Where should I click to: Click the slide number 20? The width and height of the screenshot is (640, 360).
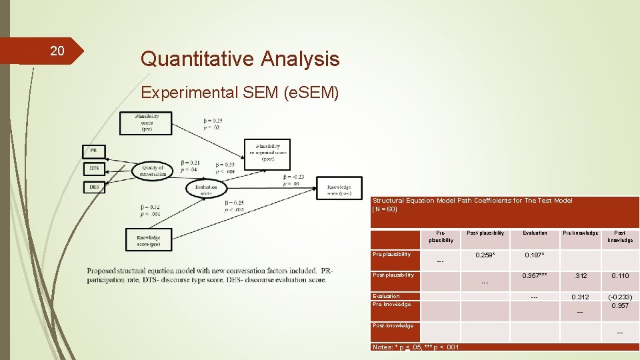coord(57,51)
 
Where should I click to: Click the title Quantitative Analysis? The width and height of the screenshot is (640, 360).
coord(239,59)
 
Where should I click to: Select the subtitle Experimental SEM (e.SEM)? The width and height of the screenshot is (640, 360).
coord(239,93)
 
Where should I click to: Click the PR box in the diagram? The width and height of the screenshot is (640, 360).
coord(93,151)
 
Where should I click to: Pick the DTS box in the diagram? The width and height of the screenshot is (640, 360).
coord(93,169)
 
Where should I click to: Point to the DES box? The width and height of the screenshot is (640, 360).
coord(93,187)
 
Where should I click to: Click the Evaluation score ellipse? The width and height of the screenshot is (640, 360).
coord(206,189)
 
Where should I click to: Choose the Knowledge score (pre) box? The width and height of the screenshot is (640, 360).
coord(148,239)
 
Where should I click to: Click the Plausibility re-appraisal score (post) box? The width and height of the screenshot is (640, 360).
coord(267,154)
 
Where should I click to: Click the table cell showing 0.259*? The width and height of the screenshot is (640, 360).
coord(485,255)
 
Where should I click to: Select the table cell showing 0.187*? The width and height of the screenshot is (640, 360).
coord(534,255)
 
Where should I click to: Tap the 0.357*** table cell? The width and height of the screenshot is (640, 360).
coord(534,275)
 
